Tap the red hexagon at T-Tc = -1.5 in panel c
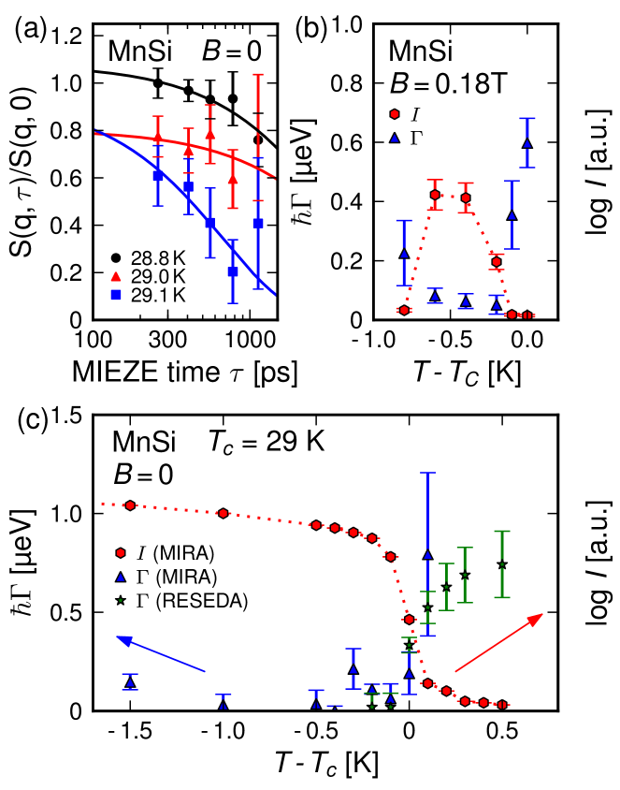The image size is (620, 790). point(130,505)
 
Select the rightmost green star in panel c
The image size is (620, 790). point(502,564)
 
